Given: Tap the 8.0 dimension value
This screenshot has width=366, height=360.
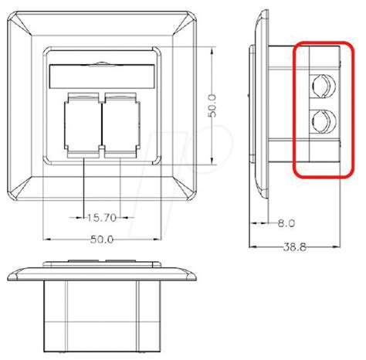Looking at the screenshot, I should click(x=286, y=222).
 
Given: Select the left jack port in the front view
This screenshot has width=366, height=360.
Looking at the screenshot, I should click(x=82, y=124).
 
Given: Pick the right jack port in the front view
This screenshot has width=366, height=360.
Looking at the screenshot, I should click(x=117, y=124).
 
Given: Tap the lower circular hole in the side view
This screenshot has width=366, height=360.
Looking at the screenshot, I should click(x=321, y=121).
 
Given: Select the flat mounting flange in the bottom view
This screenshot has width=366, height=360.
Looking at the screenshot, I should click(x=100, y=274).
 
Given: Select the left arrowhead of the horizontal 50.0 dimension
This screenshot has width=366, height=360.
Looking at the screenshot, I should click(x=47, y=238).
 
